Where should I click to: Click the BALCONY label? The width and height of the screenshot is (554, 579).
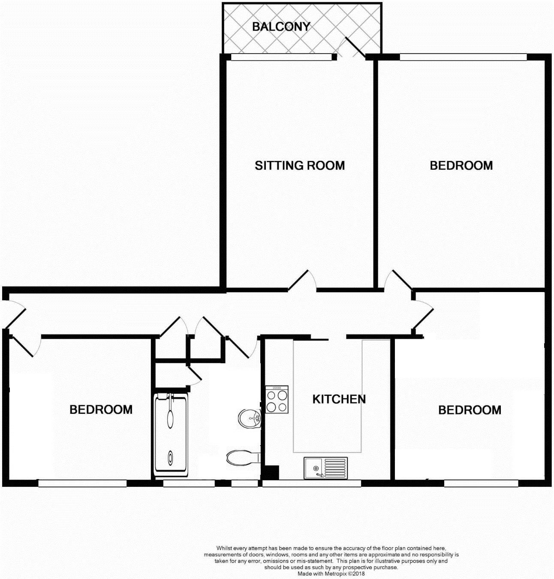click(x=281, y=27)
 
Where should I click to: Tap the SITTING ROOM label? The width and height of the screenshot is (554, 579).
click(x=300, y=166)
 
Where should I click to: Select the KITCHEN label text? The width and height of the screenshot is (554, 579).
click(x=339, y=399)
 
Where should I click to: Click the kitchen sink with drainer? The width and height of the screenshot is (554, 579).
click(x=326, y=468)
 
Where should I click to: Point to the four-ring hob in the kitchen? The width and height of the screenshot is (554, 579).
click(x=277, y=399)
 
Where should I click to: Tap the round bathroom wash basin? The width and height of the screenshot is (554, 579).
click(x=250, y=418)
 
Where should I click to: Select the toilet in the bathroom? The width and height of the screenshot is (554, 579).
click(x=243, y=458)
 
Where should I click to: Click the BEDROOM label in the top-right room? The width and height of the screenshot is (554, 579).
click(x=461, y=166)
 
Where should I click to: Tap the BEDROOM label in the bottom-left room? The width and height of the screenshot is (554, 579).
click(x=101, y=410)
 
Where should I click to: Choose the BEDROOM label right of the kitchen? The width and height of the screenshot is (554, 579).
click(x=470, y=410)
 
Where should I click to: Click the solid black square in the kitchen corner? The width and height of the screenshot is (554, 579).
click(x=271, y=473)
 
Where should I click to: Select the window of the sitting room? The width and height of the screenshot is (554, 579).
click(x=281, y=57)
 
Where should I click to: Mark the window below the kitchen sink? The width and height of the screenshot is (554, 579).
click(x=311, y=483)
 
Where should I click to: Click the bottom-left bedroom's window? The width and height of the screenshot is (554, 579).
click(x=82, y=483)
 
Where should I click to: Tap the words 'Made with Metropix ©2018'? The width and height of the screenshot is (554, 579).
click(x=331, y=573)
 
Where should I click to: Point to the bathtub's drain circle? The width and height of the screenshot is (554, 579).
click(x=171, y=458)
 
